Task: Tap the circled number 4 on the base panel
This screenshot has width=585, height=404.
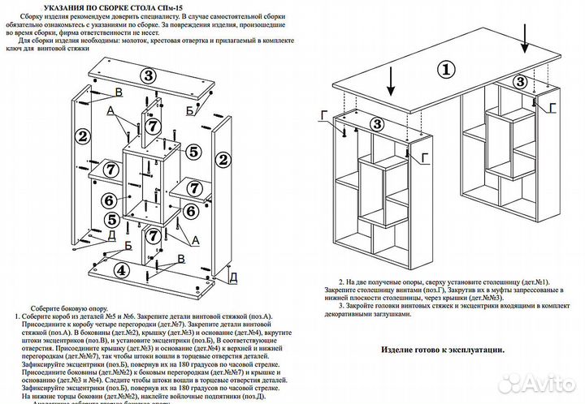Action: coord(120,270)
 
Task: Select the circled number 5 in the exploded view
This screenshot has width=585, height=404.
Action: coord(193,152)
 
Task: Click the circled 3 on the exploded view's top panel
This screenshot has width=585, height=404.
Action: coord(147,75)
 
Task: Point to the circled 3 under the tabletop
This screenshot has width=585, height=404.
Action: coord(376,123)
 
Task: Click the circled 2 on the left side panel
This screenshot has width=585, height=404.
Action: coord(82,135)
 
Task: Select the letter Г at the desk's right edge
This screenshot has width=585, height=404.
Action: coord(552,108)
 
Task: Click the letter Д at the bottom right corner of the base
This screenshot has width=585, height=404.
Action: coord(232,277)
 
